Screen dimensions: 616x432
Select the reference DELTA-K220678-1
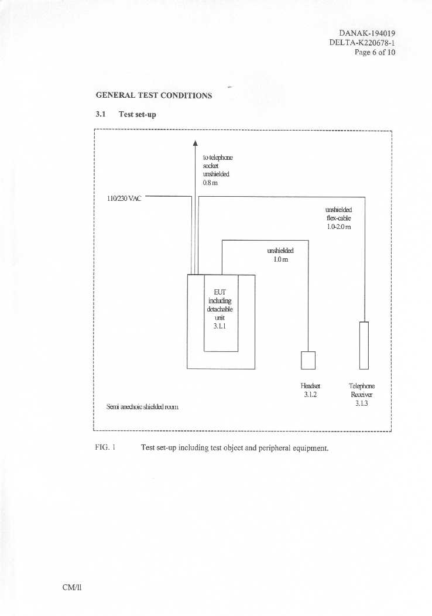pos(362,42)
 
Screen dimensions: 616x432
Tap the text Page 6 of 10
pos(375,52)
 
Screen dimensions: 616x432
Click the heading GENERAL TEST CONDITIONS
pos(153,95)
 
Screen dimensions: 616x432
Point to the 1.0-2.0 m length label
pos(339,227)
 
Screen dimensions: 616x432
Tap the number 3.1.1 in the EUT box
pos(220,326)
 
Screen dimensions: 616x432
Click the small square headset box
pos(308,360)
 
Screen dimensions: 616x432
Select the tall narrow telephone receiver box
pos(364,345)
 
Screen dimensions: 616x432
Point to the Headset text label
pos(310,386)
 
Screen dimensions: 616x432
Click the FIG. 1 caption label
pos(105,448)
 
